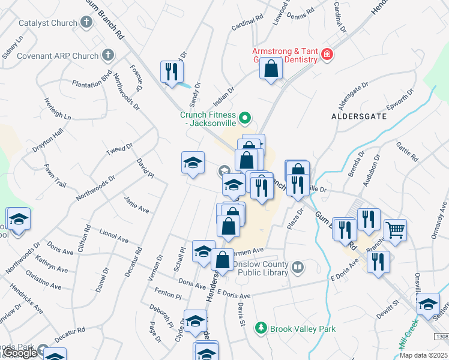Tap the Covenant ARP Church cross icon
tap(108, 56)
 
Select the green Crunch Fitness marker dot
tap(244, 118)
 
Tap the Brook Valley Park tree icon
tap(261, 328)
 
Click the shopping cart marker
tap(395, 229)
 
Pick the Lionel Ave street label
tap(114, 235)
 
